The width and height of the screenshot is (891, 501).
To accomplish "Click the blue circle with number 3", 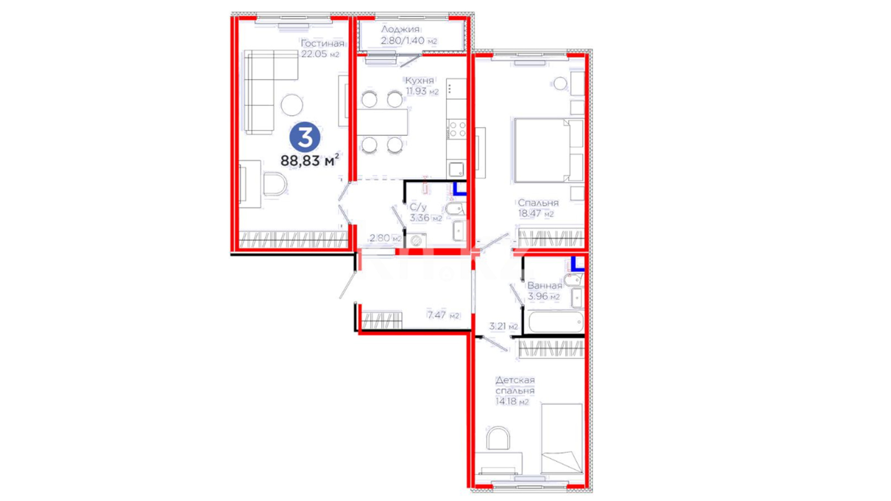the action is pos(305,137).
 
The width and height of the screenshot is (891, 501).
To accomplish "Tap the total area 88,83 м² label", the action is pos(310,161).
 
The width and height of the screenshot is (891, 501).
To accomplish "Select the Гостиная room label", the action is pos(323,44).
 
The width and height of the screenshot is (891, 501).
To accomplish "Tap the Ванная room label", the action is pos(544,286).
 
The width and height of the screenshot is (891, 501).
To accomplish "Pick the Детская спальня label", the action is pos(515,385).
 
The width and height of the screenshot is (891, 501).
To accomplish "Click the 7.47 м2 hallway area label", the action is pos(443,315).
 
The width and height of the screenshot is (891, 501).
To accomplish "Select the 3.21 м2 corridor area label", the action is pos(504,327).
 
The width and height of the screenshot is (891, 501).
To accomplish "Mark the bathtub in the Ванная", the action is pos(555,321).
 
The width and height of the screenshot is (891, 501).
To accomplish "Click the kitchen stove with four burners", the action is pos(457,129).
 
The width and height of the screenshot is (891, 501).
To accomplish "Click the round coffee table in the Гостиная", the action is pos(292,105).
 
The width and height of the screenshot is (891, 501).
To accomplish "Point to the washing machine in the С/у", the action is pos(416,240).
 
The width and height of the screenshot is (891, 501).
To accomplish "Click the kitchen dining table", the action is pos(382,122).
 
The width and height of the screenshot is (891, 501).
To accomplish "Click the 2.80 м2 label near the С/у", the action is pos(385,238).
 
